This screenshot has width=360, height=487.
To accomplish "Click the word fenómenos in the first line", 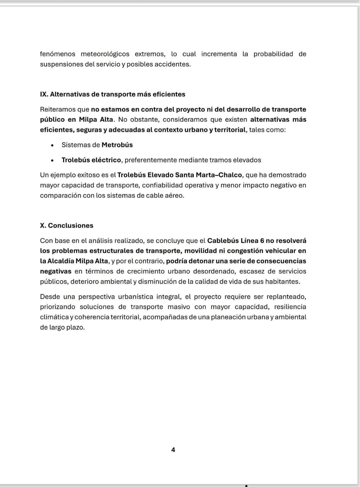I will click(x=58, y=54).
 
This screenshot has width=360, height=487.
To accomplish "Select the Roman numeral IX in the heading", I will click(x=44, y=94).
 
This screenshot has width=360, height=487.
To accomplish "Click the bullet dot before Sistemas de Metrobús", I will click(x=53, y=145).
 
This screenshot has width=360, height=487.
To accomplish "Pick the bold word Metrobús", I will click(x=117, y=145).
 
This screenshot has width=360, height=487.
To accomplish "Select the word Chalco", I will click(x=232, y=175).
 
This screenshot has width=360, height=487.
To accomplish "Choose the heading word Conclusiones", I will click(x=71, y=226).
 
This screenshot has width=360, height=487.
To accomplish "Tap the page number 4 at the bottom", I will click(x=173, y=450).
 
